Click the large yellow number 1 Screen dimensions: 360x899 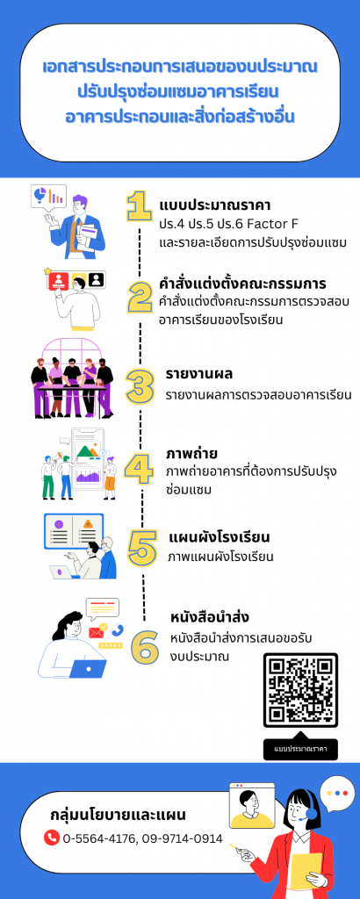click(140, 206)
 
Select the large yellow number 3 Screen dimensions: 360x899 click(140, 386)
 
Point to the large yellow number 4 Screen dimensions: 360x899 click(139, 470)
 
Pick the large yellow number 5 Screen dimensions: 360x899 click(142, 548)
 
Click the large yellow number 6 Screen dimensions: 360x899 click(145, 647)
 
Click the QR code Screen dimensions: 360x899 click(300, 690)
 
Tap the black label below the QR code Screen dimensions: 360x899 click(300, 749)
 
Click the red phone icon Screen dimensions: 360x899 click(52, 838)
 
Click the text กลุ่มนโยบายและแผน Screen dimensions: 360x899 click(118, 815)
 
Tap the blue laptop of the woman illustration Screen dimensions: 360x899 click(88, 668)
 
